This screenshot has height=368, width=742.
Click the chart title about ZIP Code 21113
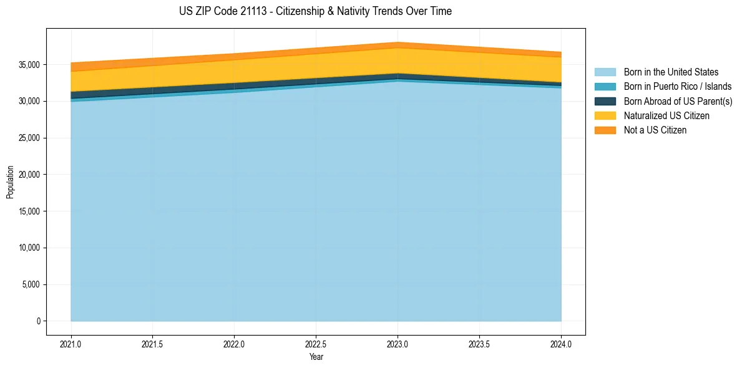[x=315, y=11]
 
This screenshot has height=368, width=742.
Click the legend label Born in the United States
[x=671, y=72]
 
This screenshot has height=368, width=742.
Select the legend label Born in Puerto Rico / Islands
[x=677, y=87]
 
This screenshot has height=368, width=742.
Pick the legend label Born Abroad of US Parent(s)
[x=678, y=101]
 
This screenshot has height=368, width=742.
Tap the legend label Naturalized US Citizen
[x=666, y=115]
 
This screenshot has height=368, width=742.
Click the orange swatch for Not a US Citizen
[x=605, y=130]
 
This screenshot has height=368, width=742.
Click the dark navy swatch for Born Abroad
[x=605, y=101]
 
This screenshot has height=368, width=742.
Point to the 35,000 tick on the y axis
[x=29, y=65]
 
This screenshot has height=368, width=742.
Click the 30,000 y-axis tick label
[x=29, y=101]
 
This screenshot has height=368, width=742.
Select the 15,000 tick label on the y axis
[x=29, y=211]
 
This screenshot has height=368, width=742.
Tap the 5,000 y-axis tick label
[x=31, y=284]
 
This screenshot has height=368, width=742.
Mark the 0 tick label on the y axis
[x=38, y=321]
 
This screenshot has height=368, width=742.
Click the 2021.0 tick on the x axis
[x=71, y=344]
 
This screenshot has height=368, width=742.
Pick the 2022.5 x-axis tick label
[x=316, y=344]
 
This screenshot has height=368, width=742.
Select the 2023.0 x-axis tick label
[x=398, y=344]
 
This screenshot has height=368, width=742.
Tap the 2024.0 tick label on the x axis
[x=561, y=344]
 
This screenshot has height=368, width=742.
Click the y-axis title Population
[x=10, y=182]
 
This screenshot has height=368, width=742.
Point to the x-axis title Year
[x=316, y=357]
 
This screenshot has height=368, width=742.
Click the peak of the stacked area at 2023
[x=398, y=43]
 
